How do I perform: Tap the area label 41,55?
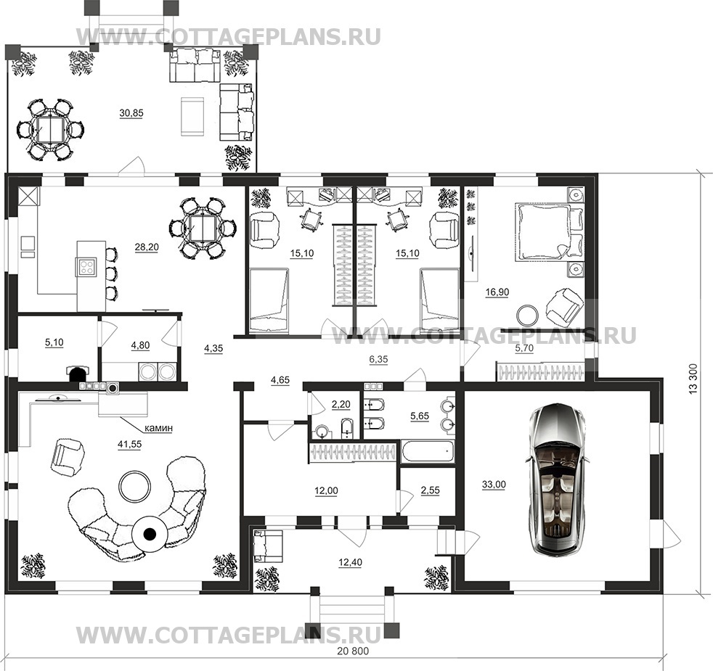tap(129, 445)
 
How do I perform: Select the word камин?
tap(158, 428)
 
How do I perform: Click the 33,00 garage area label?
tap(494, 485)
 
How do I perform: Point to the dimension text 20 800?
tap(354, 651)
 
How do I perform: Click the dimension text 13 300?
tap(694, 379)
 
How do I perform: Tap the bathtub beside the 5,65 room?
tap(428, 451)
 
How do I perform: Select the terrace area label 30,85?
tap(131, 114)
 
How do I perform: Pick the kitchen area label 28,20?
tap(147, 247)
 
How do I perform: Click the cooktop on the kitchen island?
tap(87, 265)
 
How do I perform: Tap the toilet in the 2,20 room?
tap(346, 429)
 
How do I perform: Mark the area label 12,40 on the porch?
tap(350, 563)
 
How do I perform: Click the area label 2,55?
tap(430, 490)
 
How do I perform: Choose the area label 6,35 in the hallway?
tap(378, 360)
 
